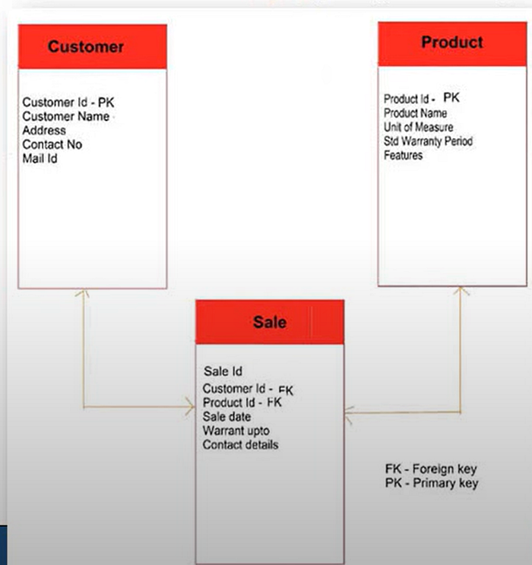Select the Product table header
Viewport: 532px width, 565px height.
tap(451, 42)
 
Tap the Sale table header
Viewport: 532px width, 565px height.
tap(269, 322)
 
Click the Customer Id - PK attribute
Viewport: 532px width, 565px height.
tap(68, 103)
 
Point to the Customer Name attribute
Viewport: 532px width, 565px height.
tap(66, 116)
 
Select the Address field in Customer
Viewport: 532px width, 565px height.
tap(44, 131)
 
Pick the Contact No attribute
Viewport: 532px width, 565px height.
tap(52, 144)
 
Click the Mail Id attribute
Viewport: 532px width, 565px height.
tap(40, 159)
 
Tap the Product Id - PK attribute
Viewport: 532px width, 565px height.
tap(422, 99)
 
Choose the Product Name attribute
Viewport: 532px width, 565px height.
tap(415, 113)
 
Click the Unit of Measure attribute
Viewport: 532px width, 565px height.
tap(418, 127)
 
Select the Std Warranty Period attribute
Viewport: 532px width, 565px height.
tap(428, 141)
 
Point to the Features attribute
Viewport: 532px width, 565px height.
tap(403, 155)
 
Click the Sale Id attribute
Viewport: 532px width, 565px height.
tap(223, 371)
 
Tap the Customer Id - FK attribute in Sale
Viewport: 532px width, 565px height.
tap(248, 390)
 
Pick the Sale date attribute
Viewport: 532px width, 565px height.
tap(226, 417)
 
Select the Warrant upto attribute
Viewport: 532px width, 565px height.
tap(234, 431)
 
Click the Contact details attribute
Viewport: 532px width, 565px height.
tap(240, 444)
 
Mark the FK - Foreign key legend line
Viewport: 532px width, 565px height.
tap(431, 469)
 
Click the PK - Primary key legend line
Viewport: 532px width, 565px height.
tap(432, 483)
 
